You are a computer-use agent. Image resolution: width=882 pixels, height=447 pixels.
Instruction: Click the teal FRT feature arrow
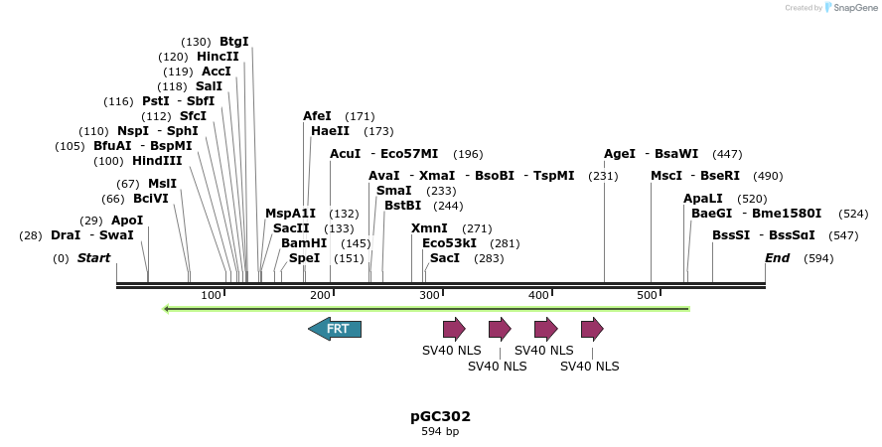[335, 329]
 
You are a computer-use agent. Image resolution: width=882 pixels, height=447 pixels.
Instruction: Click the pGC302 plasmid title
[440, 416]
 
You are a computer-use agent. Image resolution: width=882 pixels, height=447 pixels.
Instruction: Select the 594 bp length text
[440, 432]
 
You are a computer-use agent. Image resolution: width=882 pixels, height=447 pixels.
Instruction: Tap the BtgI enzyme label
[234, 42]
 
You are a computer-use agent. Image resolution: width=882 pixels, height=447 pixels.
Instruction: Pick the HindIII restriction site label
[156, 161]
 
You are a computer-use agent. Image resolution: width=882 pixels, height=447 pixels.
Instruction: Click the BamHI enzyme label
[304, 242]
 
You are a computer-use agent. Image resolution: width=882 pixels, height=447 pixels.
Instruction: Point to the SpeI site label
[305, 258]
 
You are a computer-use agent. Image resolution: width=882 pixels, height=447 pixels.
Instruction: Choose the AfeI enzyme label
[317, 116]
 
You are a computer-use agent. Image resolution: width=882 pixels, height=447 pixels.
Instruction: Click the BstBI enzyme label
[403, 206]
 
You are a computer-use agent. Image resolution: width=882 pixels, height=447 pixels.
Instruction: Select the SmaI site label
[394, 191]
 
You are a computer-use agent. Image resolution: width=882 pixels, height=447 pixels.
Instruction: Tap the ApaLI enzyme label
[703, 199]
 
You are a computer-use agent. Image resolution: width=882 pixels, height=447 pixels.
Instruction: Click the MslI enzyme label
[162, 184]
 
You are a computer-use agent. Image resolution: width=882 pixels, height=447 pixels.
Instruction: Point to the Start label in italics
[93, 258]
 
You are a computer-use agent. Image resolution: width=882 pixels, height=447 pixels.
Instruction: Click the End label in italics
[777, 258]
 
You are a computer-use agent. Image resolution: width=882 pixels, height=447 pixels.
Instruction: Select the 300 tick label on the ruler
[429, 295]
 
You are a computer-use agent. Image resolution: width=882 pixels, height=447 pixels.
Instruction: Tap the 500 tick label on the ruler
[648, 295]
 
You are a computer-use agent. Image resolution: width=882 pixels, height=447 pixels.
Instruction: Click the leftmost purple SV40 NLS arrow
[454, 329]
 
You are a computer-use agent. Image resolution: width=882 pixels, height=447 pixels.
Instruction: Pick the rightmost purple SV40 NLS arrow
[592, 329]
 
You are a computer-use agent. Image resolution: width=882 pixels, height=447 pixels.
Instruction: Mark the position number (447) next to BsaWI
[727, 154]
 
